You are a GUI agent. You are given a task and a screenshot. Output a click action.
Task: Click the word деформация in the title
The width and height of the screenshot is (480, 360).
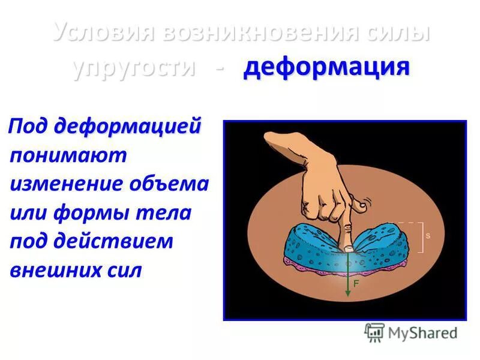pyautogui.click(x=326, y=67)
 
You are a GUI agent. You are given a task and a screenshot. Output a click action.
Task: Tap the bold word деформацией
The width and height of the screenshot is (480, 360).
pyautogui.click(x=127, y=127)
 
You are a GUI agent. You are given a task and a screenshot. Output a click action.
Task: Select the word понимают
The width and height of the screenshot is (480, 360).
pyautogui.click(x=68, y=155)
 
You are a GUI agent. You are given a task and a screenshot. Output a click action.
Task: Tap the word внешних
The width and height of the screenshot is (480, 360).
pyautogui.click(x=51, y=270)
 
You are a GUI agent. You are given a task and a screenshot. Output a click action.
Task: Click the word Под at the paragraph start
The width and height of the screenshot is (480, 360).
pyautogui.click(x=30, y=128)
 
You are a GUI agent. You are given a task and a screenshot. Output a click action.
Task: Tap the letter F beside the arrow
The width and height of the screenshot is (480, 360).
pyautogui.click(x=356, y=284)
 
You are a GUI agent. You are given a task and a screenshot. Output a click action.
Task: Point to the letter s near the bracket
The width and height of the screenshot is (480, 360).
pyautogui.click(x=428, y=236)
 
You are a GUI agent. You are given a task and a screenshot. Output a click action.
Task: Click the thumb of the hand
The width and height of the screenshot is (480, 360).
pyautogui.click(x=358, y=205)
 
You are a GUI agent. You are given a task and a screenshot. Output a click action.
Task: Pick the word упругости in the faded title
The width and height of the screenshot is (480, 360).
pyautogui.click(x=134, y=67)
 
